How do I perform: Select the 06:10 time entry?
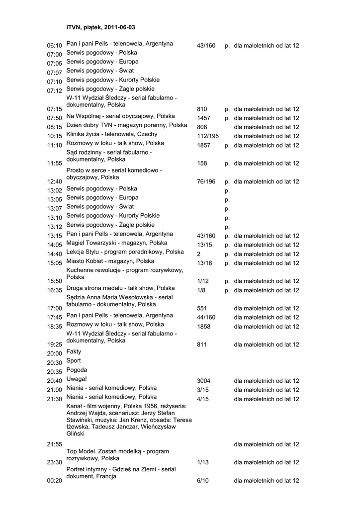pos(54,46)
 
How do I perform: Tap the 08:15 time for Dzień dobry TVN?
pos(54,127)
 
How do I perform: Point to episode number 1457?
pos(204,118)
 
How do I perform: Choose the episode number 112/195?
pos(208,136)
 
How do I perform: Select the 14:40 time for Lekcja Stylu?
pos(54,254)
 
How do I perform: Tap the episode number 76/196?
pos(206,181)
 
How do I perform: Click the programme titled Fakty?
pos(74,351)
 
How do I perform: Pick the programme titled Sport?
pos(74,361)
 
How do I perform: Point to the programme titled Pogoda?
pos(77,370)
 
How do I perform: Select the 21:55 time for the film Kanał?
pos(54,444)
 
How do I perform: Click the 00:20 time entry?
pos(54,481)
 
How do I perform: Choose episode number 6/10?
pos(203,481)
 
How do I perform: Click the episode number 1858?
pos(204,327)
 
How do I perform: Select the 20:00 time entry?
pos(54,353)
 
